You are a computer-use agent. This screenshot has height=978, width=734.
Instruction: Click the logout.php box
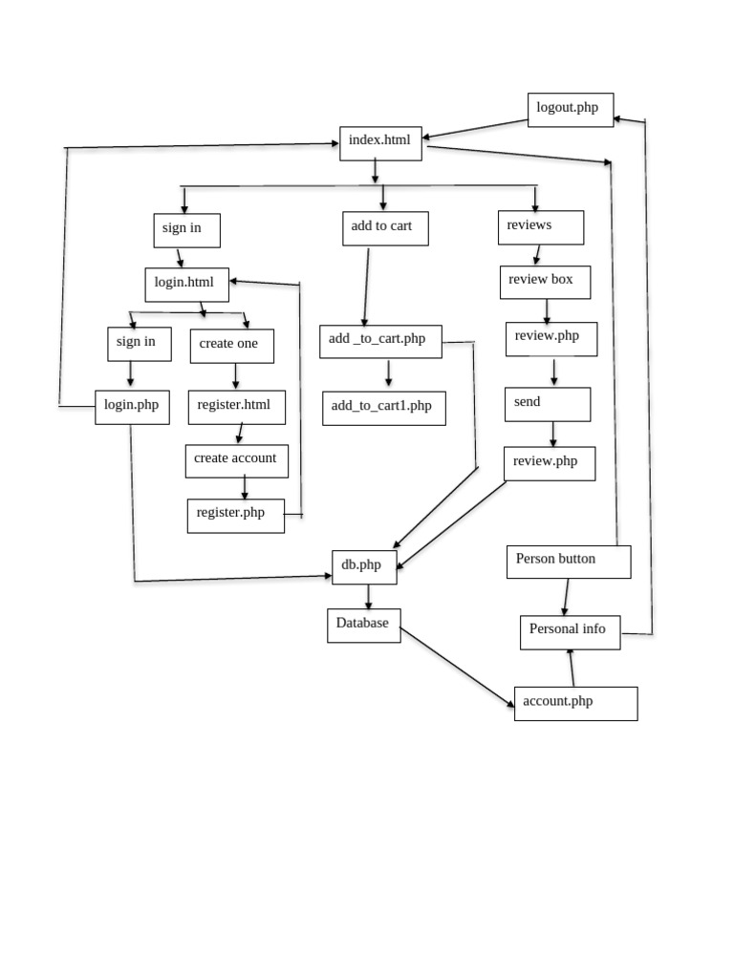[x=570, y=110]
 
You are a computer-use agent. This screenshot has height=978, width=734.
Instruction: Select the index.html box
[x=380, y=143]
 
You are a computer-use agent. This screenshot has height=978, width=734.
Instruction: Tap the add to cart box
[x=384, y=228]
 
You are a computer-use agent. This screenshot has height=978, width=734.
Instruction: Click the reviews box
[x=540, y=227]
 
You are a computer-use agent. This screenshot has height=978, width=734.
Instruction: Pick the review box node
[x=545, y=282]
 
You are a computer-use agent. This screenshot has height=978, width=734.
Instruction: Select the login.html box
[x=186, y=285]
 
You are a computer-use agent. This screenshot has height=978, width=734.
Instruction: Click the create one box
[x=231, y=346]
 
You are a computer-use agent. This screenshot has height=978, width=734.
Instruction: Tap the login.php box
[x=132, y=407]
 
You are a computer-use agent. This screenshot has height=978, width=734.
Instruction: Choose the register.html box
[x=236, y=407]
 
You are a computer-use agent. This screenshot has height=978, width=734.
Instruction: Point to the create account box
[x=236, y=460]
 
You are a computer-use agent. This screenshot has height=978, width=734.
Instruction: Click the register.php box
[x=235, y=516]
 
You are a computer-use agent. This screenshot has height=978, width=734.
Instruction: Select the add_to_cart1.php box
[x=383, y=408]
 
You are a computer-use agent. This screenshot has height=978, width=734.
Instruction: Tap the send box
[x=548, y=404]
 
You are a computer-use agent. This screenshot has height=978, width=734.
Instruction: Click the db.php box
[x=363, y=567]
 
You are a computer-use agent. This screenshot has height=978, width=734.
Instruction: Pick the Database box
[x=363, y=626]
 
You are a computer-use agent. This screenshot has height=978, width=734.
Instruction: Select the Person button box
[x=568, y=562]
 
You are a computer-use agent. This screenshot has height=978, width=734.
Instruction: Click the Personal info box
[x=570, y=631]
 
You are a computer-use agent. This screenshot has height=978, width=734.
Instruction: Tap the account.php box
[x=575, y=703]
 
